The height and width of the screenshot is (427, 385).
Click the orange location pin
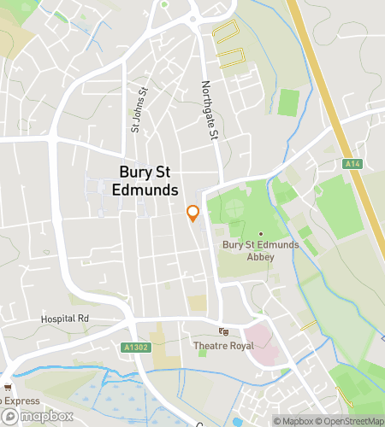(x=192, y=213)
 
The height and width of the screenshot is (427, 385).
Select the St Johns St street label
(x=134, y=113)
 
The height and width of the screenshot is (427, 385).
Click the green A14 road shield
(x=351, y=163)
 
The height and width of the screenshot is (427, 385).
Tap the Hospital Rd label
(x=65, y=319)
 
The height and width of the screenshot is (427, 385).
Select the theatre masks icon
(x=223, y=331)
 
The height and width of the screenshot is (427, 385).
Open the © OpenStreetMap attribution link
(x=351, y=420)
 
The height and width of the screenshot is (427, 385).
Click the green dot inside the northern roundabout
(x=164, y=3)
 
